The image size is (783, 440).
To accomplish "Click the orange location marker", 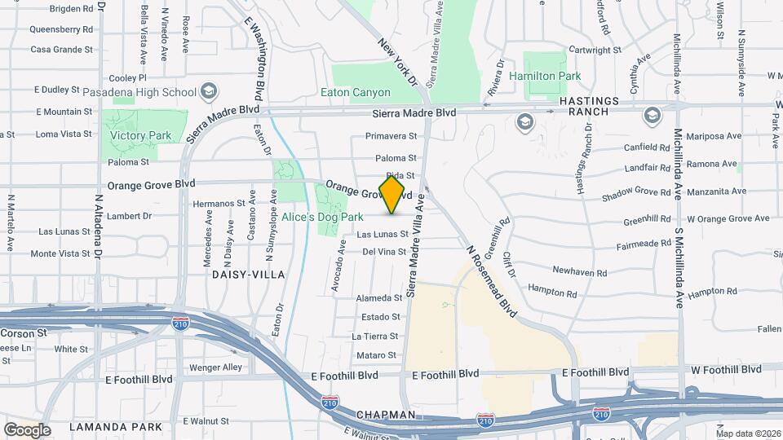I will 392,195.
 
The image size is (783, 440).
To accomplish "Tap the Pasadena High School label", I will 152,92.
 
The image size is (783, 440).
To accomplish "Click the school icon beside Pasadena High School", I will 209,90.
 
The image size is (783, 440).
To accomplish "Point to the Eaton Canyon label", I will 355,93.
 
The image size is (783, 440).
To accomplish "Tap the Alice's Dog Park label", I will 322,218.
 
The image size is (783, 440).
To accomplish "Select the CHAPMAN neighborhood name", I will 386,415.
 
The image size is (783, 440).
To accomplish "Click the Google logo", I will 27,429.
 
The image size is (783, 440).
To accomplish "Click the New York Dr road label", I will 398,62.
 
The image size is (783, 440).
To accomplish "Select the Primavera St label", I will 391,136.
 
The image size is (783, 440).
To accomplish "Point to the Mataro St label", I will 375,355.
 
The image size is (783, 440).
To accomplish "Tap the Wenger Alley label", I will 215,367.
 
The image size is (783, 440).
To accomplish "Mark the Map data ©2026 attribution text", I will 747,433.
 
